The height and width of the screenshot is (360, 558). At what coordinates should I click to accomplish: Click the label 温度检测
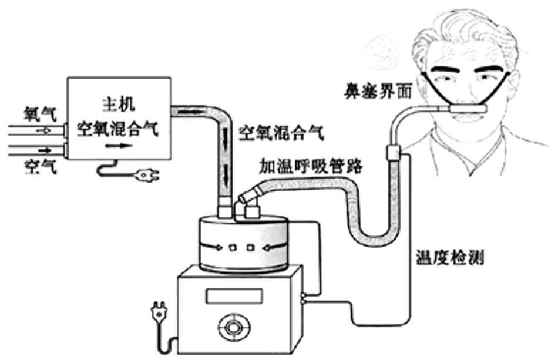450,257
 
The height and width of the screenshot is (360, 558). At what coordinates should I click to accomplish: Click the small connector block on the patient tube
391,153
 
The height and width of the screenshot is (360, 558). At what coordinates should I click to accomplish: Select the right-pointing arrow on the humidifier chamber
212,247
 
